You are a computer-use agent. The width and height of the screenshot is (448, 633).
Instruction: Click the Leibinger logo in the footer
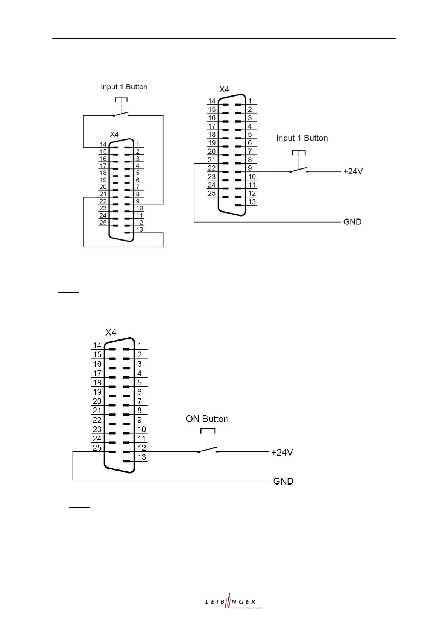tap(234, 602)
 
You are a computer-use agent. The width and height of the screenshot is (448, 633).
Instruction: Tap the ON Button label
tap(207, 419)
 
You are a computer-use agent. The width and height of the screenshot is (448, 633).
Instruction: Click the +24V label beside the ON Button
tap(282, 453)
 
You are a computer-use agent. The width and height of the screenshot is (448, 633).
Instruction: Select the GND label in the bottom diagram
tap(283, 481)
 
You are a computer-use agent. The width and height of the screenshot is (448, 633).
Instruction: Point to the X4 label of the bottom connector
tap(111, 332)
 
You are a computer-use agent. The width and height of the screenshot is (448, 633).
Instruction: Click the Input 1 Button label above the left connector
tap(124, 87)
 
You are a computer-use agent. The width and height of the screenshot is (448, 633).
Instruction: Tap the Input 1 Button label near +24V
tap(302, 138)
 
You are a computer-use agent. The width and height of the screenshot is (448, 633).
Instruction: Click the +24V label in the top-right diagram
tap(352, 171)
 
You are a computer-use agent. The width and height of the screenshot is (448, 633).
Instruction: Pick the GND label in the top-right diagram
tap(352, 222)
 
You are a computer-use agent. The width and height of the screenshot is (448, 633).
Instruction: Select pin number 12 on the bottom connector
tap(142, 448)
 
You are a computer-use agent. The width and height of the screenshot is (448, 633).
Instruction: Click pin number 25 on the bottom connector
tap(97, 448)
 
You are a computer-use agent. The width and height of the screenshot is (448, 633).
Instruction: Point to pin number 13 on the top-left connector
tap(140, 229)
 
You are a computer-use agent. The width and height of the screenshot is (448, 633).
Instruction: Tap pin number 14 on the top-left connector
tap(103, 144)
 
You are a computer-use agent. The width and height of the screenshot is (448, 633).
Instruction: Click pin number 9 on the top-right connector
tap(250, 168)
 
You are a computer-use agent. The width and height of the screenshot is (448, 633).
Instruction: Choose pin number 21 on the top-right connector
tap(212, 160)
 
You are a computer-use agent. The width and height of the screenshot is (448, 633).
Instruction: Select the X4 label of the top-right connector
tap(224, 89)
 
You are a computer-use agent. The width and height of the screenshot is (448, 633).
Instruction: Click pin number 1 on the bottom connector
tap(139, 345)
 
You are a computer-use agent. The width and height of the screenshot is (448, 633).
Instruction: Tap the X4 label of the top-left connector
tap(114, 135)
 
